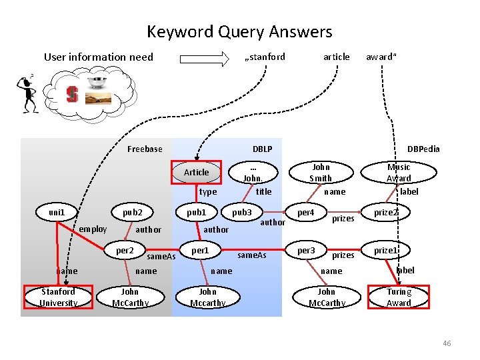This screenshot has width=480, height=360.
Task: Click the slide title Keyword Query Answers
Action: coord(239,31)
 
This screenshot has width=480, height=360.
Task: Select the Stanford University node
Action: coord(58,297)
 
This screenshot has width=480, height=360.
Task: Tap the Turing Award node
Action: coord(399,297)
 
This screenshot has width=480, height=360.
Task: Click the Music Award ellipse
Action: coord(399,173)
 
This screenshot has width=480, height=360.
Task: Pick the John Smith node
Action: coord(321,173)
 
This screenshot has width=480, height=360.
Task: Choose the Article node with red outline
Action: coord(197,172)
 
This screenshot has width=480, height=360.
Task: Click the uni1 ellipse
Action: coord(57,213)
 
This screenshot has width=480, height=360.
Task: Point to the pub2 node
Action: coord(132,213)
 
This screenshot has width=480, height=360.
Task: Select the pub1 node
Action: coord(196,213)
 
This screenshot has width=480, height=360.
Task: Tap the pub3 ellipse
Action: coord(242,213)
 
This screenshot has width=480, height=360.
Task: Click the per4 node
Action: coord(306,213)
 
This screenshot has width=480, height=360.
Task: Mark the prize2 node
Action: coord(386,213)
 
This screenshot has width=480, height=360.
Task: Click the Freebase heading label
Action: coord(145,149)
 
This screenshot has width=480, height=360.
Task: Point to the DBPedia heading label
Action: coord(423,149)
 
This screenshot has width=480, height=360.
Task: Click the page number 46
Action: coord(446,343)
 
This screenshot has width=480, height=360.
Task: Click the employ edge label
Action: coord(93,229)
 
